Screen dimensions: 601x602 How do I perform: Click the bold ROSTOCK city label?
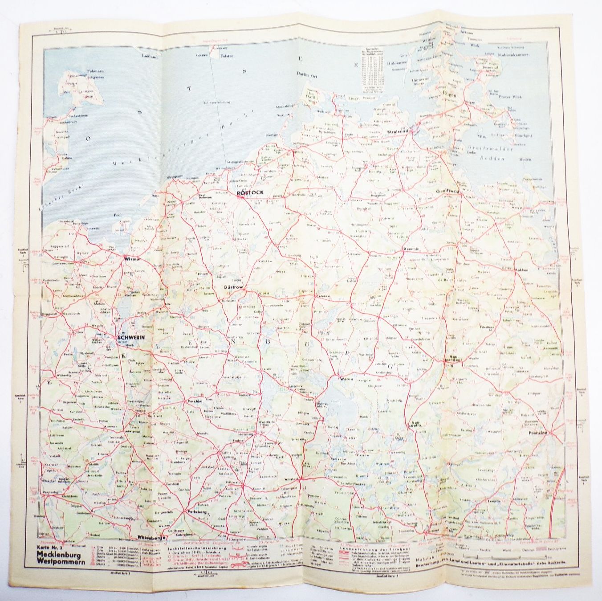(250, 192)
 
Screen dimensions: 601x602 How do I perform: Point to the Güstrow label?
(233, 288)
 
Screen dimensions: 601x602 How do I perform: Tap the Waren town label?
(346, 379)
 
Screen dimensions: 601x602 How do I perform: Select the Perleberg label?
(197, 511)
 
